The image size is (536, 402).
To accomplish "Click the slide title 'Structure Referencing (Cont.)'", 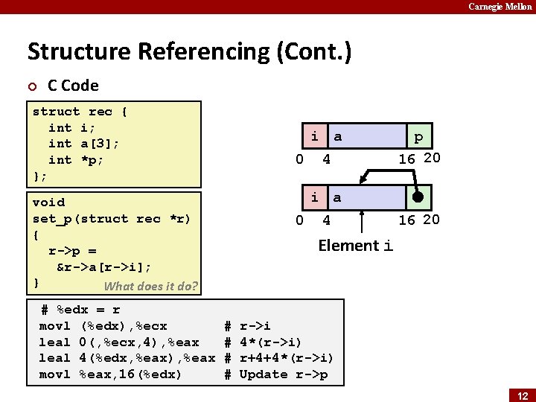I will point(189,52).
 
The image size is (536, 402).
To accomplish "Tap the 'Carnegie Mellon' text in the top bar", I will point(500,7).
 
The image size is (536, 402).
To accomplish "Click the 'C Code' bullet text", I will point(73,86).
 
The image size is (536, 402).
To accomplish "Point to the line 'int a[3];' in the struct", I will point(83,144).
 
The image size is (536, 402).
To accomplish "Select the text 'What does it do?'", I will point(150,287).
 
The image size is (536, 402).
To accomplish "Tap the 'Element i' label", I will point(355,246).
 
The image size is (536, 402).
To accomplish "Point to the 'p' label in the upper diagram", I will point(418,137).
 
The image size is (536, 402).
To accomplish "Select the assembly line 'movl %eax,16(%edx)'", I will point(111,374).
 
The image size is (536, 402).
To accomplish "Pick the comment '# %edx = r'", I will point(80,310).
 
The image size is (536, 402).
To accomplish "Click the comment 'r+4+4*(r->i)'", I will point(286,358).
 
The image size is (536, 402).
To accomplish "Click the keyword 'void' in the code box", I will point(48,202).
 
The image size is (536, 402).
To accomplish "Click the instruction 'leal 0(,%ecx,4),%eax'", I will point(119,342).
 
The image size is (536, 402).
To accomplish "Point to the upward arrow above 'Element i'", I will point(362,221).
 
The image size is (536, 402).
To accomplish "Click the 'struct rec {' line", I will point(80,112).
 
